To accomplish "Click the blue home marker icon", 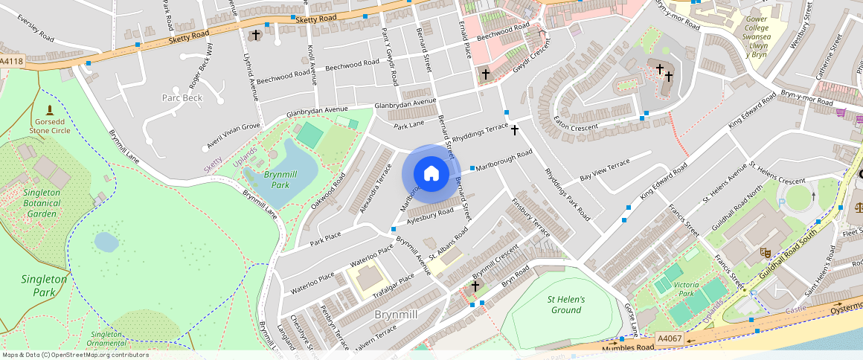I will [431, 173].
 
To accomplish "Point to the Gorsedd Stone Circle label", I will [49, 124].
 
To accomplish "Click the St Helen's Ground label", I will [565, 304].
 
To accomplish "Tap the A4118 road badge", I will [12, 62].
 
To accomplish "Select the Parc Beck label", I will [182, 98].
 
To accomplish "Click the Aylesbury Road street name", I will [430, 216].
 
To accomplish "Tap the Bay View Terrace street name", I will [605, 170].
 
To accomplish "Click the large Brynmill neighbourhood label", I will [396, 315].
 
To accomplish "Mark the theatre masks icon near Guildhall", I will [764, 253].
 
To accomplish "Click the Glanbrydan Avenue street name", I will [405, 103].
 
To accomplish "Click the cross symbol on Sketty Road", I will [256, 35].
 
